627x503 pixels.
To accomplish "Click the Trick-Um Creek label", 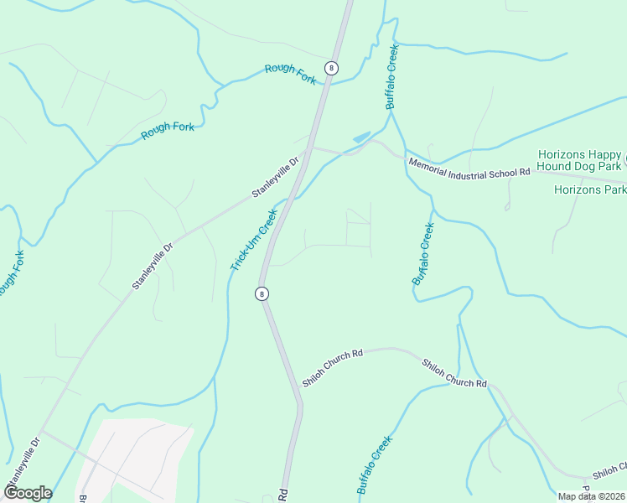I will coord(254,240).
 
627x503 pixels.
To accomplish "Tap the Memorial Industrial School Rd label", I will coord(469,166).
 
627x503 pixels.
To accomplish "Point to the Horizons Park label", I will coord(589,189).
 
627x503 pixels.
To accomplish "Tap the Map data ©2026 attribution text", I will coord(591,496).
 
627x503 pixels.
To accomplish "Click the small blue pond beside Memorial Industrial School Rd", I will coord(361,137).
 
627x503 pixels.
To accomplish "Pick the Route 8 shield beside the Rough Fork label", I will coord(332,68).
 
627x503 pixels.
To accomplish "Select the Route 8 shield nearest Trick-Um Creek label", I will coord(262,293).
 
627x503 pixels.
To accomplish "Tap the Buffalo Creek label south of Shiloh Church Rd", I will coord(375,464).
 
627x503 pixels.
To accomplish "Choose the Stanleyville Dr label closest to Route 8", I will coord(276,178).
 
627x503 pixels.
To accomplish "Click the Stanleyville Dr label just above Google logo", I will coord(23,459).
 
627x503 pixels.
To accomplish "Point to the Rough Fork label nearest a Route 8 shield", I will coord(290,73).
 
